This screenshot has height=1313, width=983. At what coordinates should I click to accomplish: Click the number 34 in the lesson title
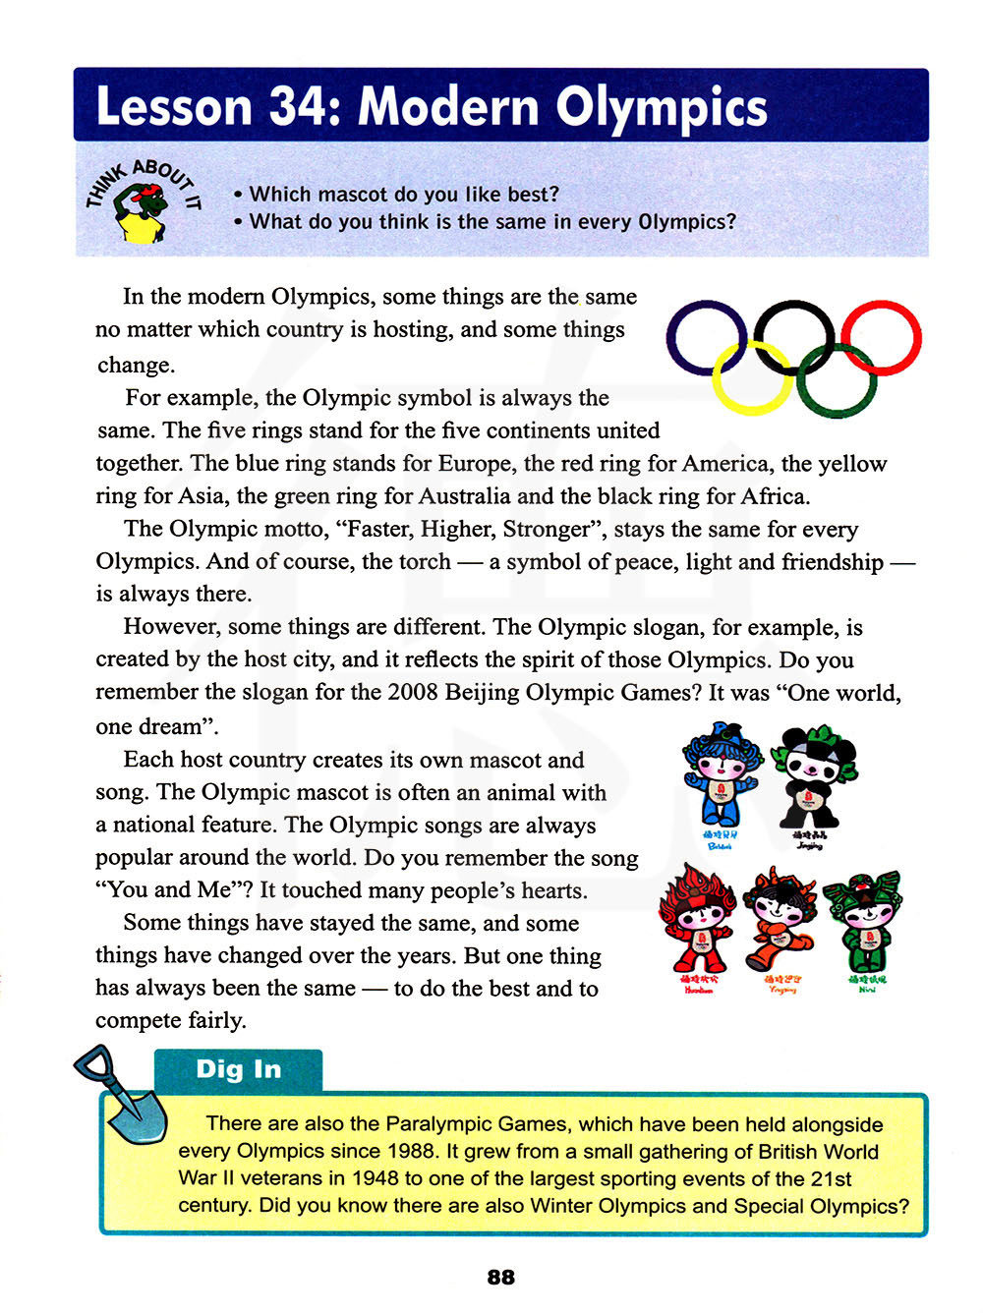(296, 107)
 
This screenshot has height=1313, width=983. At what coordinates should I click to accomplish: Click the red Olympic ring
(881, 338)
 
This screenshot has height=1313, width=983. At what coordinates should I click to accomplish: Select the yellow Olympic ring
(752, 378)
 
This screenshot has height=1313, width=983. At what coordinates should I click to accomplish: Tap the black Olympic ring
(793, 336)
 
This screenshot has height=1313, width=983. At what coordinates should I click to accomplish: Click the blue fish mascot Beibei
(721, 776)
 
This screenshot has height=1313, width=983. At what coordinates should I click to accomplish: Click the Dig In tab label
(238, 1069)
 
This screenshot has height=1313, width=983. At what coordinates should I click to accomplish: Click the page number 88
(500, 1277)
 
